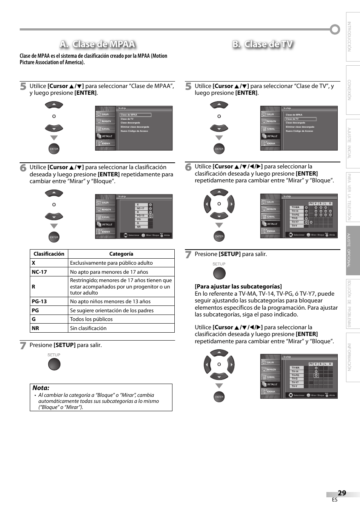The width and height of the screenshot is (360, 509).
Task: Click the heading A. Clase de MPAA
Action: (x=97, y=44)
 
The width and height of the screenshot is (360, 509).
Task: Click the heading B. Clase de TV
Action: (x=263, y=44)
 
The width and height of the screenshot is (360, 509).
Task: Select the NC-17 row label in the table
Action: (x=39, y=272)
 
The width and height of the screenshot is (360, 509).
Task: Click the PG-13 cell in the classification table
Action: (x=39, y=301)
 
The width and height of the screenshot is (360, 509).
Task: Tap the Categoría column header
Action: (x=121, y=254)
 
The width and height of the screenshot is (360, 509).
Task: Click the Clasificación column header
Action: (x=49, y=254)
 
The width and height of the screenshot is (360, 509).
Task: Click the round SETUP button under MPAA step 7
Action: (x=54, y=364)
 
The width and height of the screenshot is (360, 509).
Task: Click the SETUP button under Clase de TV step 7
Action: (x=219, y=273)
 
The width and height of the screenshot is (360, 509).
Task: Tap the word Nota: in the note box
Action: (x=41, y=388)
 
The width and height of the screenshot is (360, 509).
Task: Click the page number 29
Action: (x=342, y=493)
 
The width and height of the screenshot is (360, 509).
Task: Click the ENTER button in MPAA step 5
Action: (x=54, y=149)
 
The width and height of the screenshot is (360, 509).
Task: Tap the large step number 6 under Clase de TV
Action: (x=188, y=167)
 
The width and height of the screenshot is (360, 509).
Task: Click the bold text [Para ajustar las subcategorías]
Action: (x=238, y=286)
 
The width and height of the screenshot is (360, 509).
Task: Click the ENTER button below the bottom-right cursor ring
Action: (x=219, y=397)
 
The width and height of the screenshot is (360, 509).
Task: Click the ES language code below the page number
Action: (x=334, y=500)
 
